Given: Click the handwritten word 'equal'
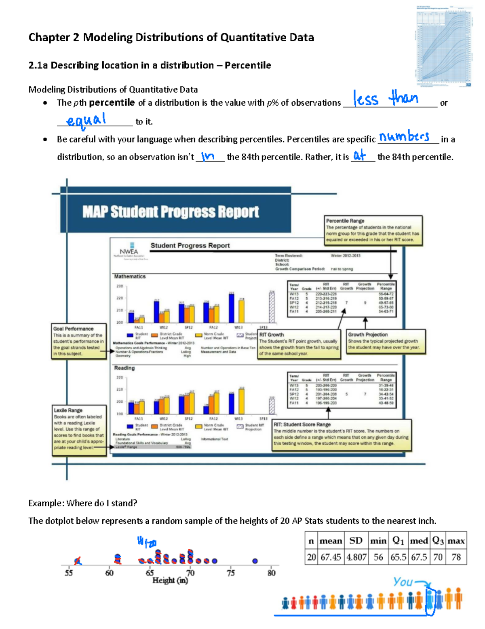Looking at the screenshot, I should coord(86,120).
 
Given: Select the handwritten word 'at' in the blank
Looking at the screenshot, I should coord(359,155).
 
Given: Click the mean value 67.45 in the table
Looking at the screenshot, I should coord(331,557).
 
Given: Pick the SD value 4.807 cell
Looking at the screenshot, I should coord(356,557).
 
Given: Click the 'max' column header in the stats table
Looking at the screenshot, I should coord(456,541).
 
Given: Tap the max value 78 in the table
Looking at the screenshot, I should coord(456,557).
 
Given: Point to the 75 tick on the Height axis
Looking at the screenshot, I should coord(230,573).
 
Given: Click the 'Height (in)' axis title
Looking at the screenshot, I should coord(170,580).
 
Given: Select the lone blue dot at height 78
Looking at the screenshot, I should coord(255,561).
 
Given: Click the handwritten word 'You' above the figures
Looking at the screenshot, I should coord(403,582).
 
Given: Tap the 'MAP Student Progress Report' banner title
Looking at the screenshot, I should coord(171,212).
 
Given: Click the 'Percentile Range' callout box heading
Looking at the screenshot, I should coord(345,221).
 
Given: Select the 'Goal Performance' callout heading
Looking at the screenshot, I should coord(73,329).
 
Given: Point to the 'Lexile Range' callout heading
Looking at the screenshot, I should coord(68,410).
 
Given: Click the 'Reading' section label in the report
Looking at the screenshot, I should coord(124,368).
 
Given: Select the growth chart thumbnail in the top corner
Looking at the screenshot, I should coord(444,47).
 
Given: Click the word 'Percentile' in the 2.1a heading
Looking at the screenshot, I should coord(248,65).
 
